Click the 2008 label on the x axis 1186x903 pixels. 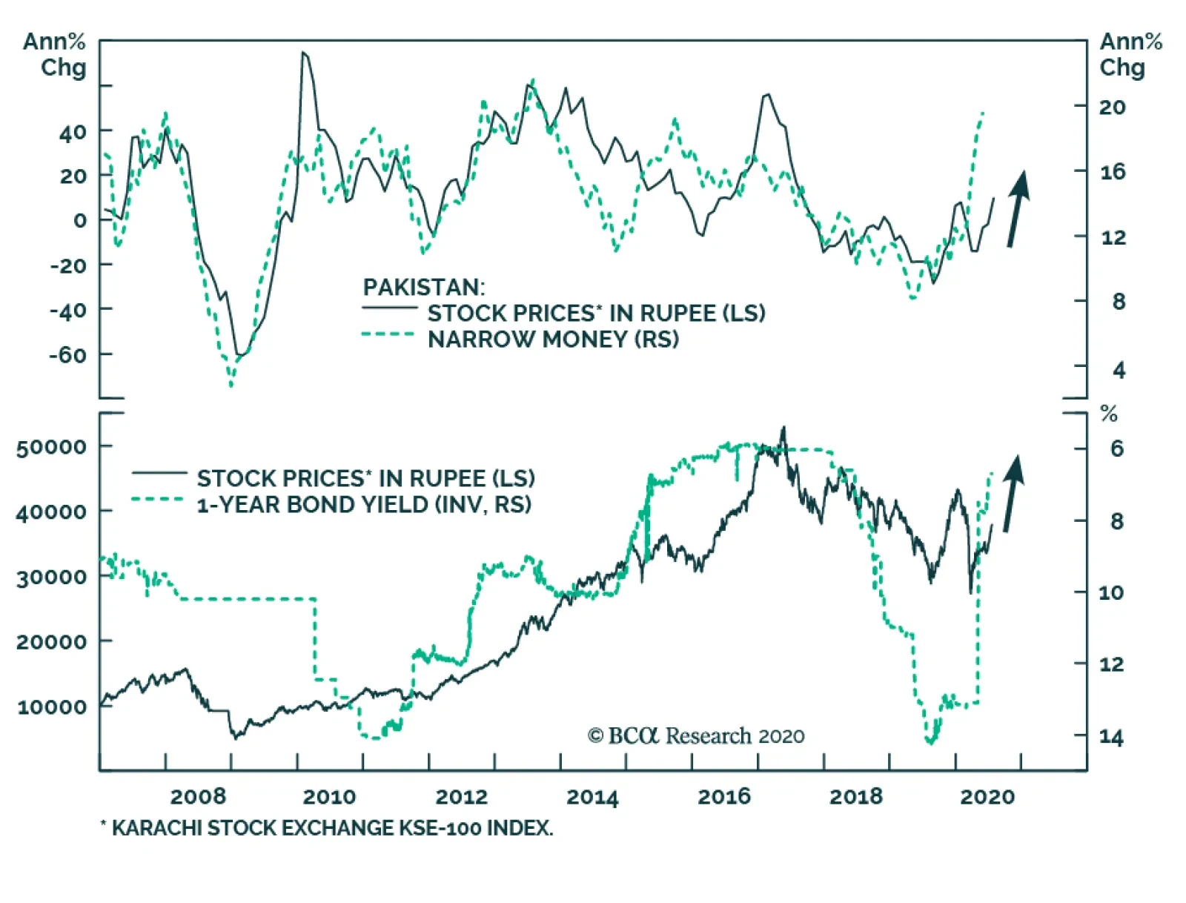coord(198,797)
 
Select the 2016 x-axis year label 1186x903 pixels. coord(724,797)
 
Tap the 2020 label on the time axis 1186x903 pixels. coord(987,797)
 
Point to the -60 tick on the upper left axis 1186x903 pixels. coord(67,354)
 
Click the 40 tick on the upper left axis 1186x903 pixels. coord(73,133)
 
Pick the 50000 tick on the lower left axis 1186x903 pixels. coord(51,447)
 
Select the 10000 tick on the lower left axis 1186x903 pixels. coord(51,707)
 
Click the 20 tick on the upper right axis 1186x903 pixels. coord(1112,107)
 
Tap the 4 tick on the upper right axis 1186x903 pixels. coord(1119,370)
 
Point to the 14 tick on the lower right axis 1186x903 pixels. coord(1111,737)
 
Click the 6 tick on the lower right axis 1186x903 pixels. coord(1117,449)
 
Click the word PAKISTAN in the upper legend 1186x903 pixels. coord(423,287)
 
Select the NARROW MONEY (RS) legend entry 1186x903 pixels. coord(553,340)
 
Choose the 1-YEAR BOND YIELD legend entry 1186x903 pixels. coord(364,505)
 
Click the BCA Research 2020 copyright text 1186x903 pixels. coord(696,736)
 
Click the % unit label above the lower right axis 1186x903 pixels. coord(1109,414)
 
